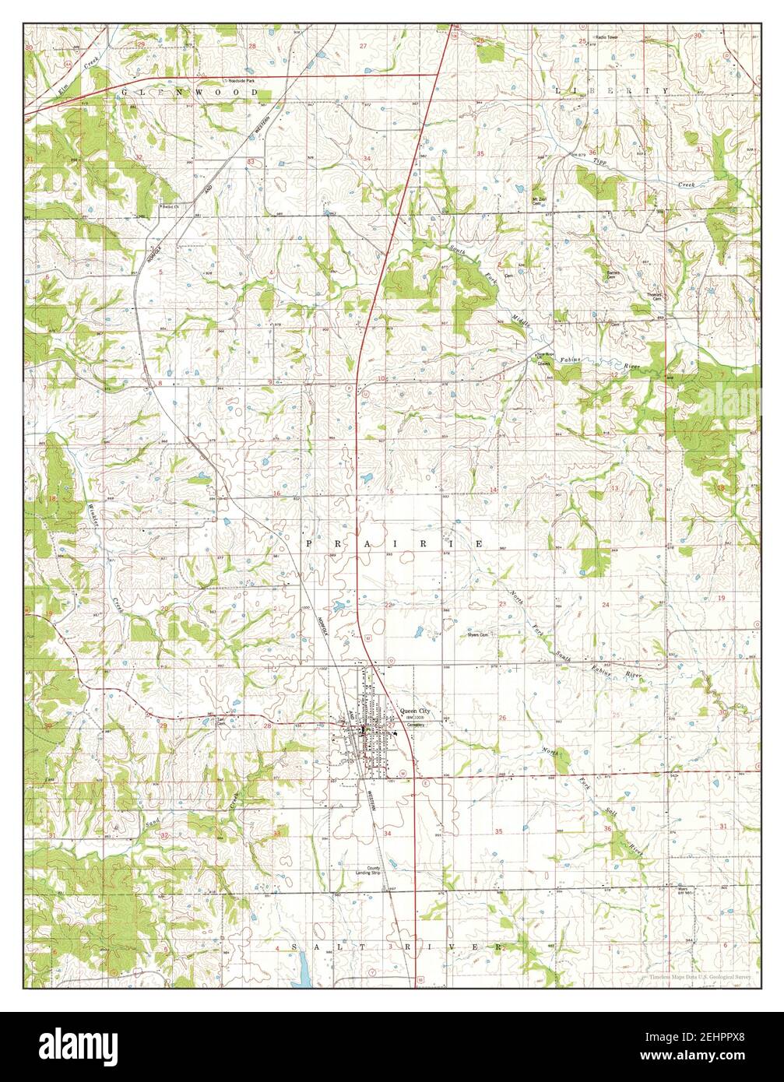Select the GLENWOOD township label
189,92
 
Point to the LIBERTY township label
612,91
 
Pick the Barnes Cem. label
613,274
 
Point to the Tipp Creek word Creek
685,184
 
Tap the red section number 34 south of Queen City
387,831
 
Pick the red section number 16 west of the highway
276,494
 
